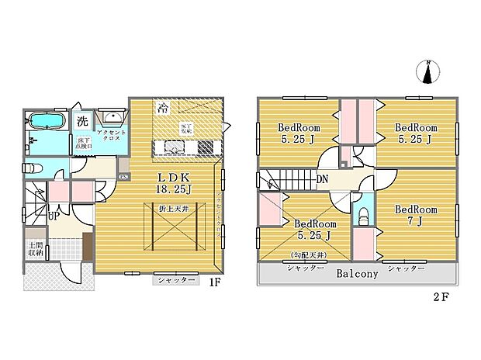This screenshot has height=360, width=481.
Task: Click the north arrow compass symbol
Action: pyautogui.click(x=427, y=71)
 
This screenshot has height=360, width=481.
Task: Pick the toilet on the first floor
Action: pyautogui.click(x=32, y=168)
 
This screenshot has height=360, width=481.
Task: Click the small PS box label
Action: pyautogui.click(x=123, y=176)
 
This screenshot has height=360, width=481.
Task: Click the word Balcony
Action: pyautogui.click(x=357, y=274)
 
